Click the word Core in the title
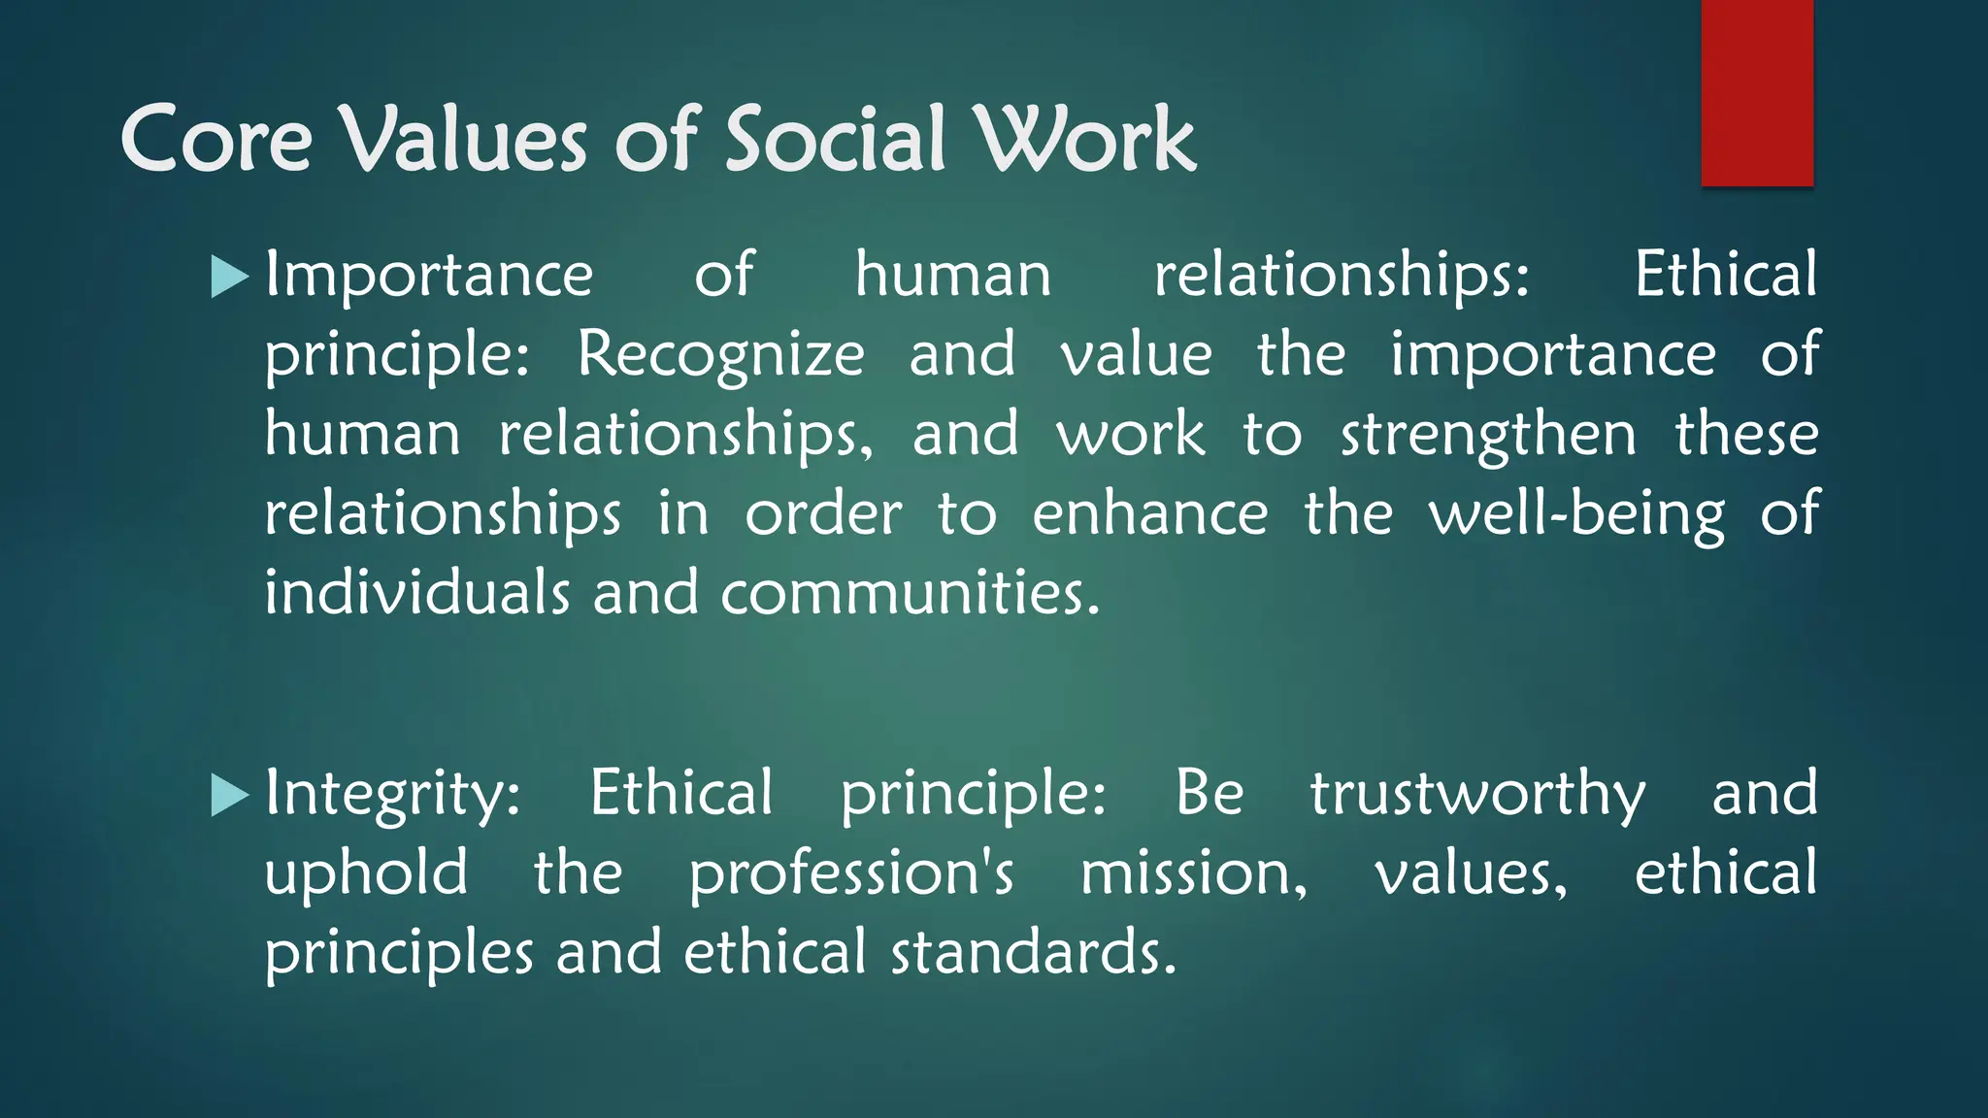click(x=215, y=141)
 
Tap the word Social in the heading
click(x=835, y=141)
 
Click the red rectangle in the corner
click(x=1757, y=93)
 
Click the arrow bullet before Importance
click(x=230, y=278)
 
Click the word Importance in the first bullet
click(x=429, y=276)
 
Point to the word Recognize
click(x=720, y=355)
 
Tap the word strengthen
click(x=1488, y=435)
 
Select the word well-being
click(x=1576, y=514)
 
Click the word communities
click(x=911, y=594)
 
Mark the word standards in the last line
click(x=1033, y=953)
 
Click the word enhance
click(x=1149, y=514)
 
